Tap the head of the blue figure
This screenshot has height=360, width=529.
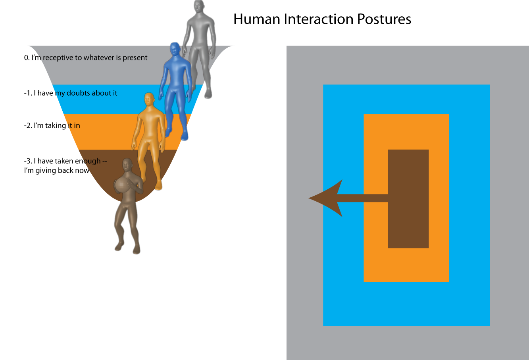(x=175, y=50)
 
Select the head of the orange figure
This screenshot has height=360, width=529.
(x=149, y=100)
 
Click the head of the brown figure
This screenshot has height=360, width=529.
(x=127, y=165)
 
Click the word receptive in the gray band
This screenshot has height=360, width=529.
(x=58, y=58)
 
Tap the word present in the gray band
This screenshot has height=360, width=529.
(x=135, y=58)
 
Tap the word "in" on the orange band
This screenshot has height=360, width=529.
(x=77, y=126)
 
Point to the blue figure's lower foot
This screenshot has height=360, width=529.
(x=184, y=136)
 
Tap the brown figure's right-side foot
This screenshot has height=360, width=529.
(x=136, y=250)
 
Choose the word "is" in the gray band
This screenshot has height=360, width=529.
(x=118, y=58)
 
